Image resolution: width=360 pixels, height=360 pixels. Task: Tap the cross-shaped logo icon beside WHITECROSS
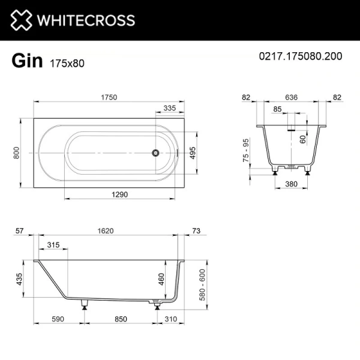tap(20, 20)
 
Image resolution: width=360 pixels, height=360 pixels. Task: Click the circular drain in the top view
tap(156, 152)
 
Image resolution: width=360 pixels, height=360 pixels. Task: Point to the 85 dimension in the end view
tap(277, 109)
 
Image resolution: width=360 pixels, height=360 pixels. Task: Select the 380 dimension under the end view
tap(292, 184)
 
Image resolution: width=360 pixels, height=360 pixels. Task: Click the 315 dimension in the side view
tap(53, 245)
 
